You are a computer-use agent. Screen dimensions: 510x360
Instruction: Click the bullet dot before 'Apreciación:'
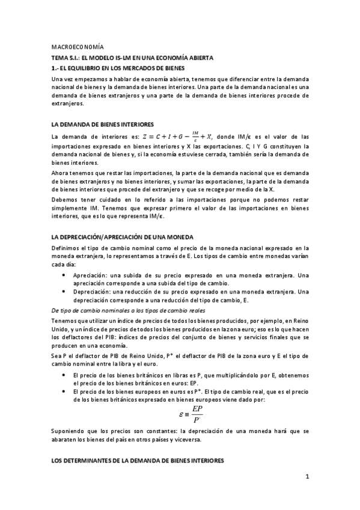[x=64, y=274]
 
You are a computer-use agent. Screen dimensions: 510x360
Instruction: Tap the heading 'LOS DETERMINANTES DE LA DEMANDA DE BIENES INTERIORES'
[x=138, y=460]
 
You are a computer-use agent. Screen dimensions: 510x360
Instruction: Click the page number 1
[x=307, y=478]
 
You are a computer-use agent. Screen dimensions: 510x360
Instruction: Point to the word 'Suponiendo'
[x=70, y=432]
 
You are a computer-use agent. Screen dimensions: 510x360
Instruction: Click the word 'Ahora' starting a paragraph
[x=61, y=172]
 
